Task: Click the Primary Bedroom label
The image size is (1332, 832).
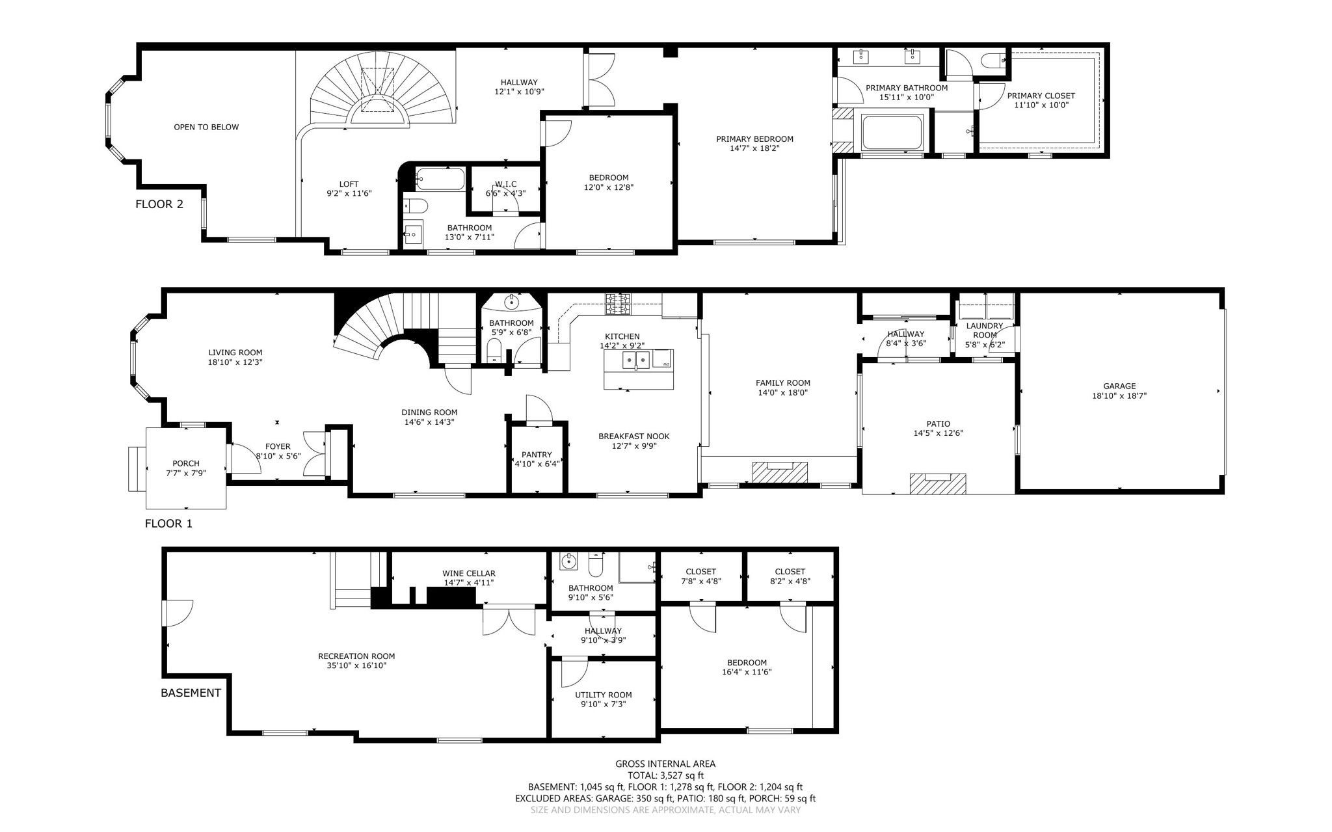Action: [x=754, y=139]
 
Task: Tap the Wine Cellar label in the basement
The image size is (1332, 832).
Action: [x=469, y=573]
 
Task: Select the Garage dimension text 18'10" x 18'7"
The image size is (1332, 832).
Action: [x=1119, y=396]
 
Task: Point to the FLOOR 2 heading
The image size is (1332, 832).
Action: [x=159, y=204]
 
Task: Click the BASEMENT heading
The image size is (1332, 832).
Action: [x=191, y=693]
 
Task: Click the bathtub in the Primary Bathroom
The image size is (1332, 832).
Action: [x=892, y=133]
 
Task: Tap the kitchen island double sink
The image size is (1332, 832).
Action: [x=635, y=360]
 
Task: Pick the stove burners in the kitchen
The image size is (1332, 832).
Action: [x=618, y=304]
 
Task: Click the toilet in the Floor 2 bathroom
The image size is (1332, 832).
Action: [x=414, y=207]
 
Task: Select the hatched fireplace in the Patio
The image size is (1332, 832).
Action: [x=938, y=484]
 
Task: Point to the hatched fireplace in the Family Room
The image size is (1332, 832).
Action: [x=780, y=472]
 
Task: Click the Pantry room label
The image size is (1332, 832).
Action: [x=537, y=455]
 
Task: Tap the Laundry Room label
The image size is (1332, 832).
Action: [x=985, y=330]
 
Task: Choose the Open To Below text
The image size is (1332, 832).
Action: [x=206, y=127]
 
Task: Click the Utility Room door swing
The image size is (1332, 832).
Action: [x=574, y=673]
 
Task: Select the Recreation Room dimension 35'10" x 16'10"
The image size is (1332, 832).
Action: [x=356, y=665]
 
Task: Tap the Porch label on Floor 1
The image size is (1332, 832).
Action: [x=186, y=464]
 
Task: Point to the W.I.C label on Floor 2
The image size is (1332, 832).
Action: [x=505, y=184]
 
